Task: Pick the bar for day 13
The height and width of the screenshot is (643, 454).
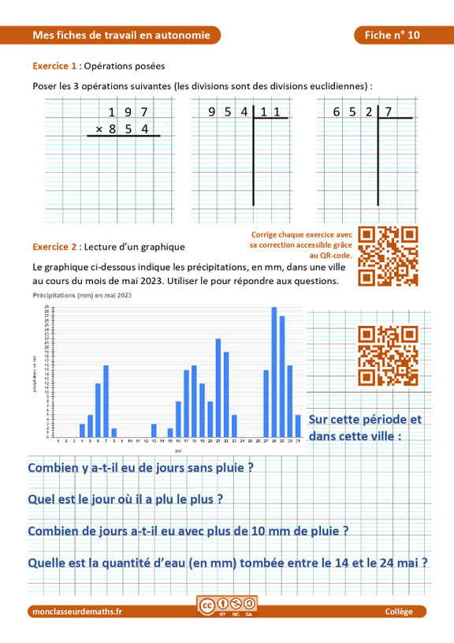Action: (154, 431)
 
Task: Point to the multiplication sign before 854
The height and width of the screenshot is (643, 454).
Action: (99, 129)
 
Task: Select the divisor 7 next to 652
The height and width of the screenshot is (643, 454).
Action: (388, 112)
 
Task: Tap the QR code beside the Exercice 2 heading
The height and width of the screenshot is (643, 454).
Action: (388, 256)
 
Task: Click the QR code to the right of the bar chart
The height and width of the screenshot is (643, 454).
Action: (388, 355)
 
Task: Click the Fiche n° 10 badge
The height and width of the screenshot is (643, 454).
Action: (392, 36)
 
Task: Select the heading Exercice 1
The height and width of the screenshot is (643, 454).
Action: (54, 66)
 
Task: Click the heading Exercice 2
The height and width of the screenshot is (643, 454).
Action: (54, 246)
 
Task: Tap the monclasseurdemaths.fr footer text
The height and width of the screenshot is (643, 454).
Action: (77, 611)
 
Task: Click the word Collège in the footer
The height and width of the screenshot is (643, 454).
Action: (399, 611)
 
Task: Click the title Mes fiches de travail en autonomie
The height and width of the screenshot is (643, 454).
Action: (121, 36)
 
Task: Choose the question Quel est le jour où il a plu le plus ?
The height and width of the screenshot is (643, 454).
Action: (125, 499)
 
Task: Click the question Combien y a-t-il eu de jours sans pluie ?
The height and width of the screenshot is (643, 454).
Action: (140, 467)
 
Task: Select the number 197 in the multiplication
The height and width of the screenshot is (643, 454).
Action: (128, 112)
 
